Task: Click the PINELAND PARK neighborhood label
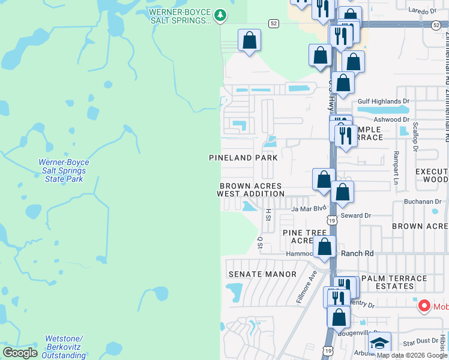243,158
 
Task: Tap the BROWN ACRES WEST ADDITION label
251,190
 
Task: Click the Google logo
20,353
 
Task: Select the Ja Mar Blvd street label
308,209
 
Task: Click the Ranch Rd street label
357,253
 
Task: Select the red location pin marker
424,306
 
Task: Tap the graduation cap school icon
379,343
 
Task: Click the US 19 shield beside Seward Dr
331,221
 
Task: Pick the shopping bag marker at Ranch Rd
325,247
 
